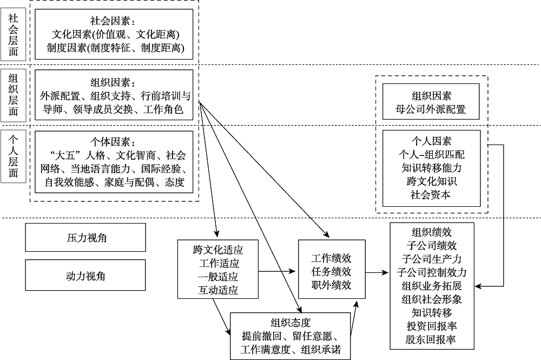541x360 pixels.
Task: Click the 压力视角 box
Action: click(x=85, y=238)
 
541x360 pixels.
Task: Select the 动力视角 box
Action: click(x=85, y=276)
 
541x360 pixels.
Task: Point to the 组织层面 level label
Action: click(x=13, y=95)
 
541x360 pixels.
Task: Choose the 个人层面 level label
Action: click(x=13, y=156)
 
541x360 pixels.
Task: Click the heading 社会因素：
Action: click(x=114, y=22)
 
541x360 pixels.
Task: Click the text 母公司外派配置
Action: click(x=431, y=109)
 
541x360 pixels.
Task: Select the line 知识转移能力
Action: click(x=431, y=168)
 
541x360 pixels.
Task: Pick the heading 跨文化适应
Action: click(x=218, y=250)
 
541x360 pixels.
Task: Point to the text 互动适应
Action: click(x=218, y=290)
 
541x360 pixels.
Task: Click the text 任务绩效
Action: click(x=331, y=271)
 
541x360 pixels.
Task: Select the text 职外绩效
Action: click(x=331, y=285)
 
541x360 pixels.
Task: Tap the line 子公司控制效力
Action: click(x=431, y=272)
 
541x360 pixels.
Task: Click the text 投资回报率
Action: click(x=431, y=326)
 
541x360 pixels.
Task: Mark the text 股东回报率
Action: click(x=431, y=340)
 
